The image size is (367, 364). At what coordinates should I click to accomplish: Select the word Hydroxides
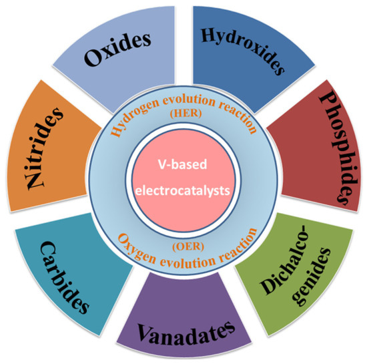pyautogui.click(x=243, y=48)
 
